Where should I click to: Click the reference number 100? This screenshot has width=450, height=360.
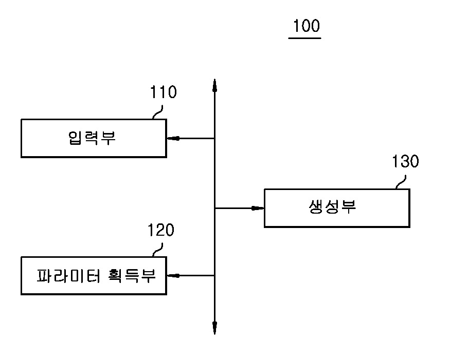(x=305, y=26)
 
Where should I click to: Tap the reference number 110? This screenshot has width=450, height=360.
(x=163, y=92)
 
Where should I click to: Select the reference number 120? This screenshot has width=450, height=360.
(x=160, y=231)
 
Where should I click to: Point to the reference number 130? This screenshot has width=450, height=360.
(x=405, y=162)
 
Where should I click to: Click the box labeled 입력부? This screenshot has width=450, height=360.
(x=94, y=138)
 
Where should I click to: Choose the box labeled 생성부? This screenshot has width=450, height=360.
(x=337, y=208)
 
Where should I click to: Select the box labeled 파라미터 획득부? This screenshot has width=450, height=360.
(x=94, y=276)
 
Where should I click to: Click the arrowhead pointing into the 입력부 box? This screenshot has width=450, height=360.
(x=172, y=138)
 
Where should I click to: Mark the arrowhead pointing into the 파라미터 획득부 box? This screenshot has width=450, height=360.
(x=172, y=276)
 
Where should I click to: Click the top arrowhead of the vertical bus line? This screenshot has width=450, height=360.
(x=214, y=85)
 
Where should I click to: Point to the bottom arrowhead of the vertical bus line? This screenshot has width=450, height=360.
(x=214, y=329)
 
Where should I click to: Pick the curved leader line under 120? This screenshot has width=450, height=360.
(x=157, y=249)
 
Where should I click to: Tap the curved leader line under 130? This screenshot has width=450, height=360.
(x=401, y=181)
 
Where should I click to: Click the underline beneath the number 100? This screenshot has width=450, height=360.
(x=305, y=37)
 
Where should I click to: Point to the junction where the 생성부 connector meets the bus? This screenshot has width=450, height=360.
(x=214, y=208)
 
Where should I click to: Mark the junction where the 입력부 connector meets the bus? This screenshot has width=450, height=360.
(x=214, y=138)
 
